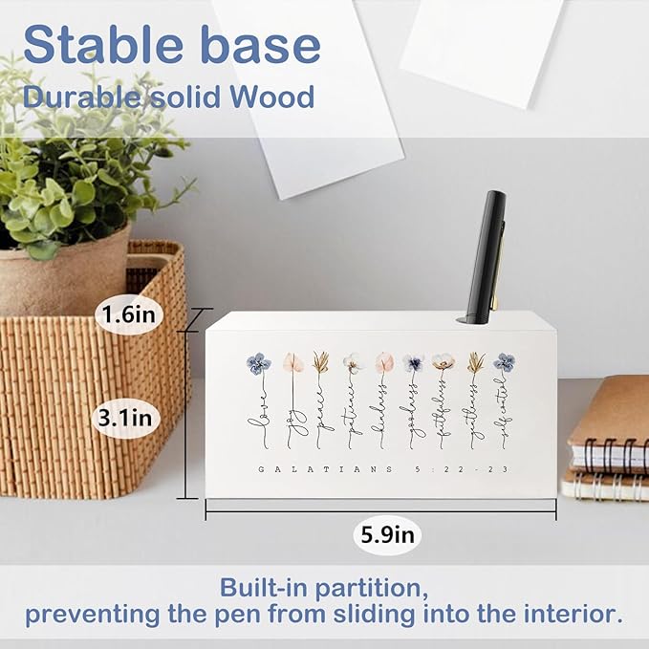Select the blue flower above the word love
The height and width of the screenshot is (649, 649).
pyautogui.click(x=258, y=363)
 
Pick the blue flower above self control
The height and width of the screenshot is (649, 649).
pyautogui.click(x=505, y=363)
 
